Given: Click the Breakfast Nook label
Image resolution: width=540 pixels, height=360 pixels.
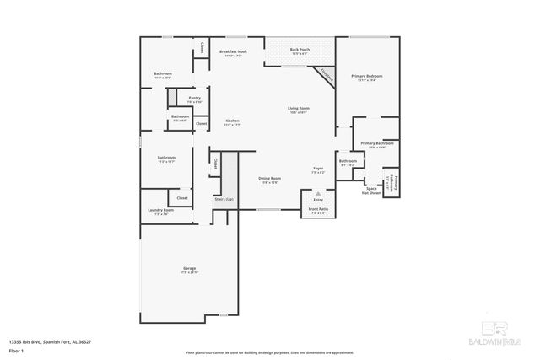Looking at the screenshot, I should point(233,52).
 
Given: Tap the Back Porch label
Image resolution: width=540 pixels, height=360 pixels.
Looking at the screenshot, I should point(300,50).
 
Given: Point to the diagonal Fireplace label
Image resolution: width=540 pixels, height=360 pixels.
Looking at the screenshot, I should point(327,74).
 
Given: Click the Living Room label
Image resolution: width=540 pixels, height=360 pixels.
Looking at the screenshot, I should point(299,108).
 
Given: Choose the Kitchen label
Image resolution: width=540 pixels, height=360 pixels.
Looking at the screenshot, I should point(233,121).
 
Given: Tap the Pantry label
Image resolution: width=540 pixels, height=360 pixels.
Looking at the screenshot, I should point(194,98).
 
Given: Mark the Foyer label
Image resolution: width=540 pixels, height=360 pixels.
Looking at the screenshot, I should point(318,168).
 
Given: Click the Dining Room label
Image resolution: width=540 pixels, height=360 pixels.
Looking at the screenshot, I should point(270,178).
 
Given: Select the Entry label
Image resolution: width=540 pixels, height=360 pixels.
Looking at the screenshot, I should point(318,199).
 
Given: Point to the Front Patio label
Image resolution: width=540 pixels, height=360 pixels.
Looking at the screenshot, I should point(318,208).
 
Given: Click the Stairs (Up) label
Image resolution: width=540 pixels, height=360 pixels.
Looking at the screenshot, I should point(224,199).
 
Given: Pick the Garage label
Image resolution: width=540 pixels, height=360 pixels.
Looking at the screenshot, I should point(190,268).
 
